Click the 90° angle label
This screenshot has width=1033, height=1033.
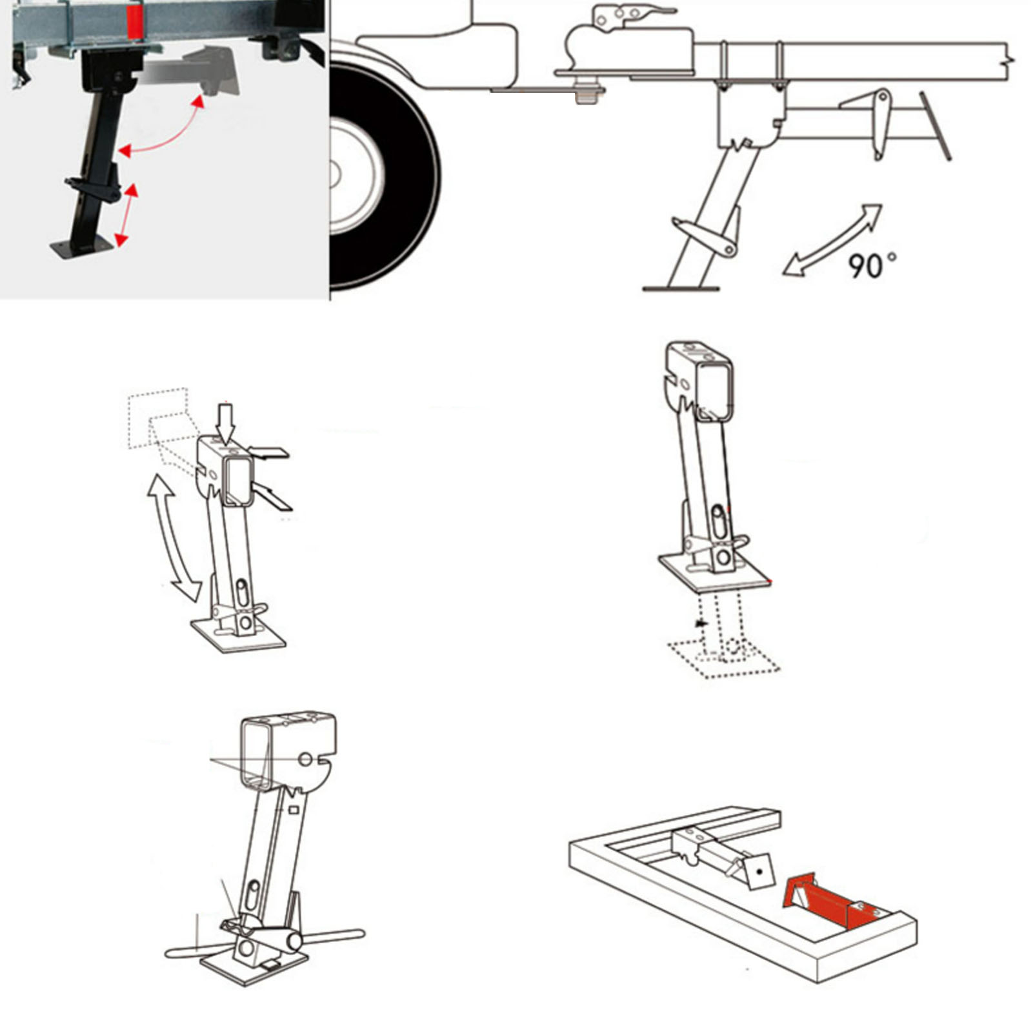pyautogui.click(x=871, y=265)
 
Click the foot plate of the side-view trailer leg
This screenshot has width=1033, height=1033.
pyautogui.click(x=681, y=288)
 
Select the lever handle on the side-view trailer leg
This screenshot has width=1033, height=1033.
pyautogui.click(x=703, y=236)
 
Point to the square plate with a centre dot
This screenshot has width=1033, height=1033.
pyautogui.click(x=756, y=871)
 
